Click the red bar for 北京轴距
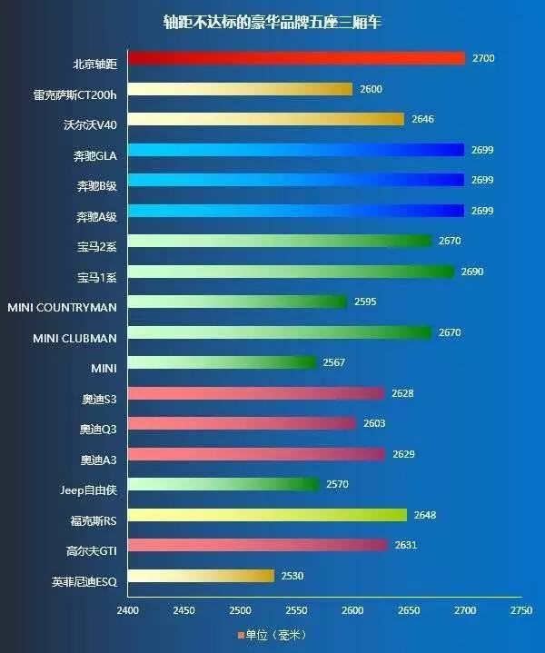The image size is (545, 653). coord(296,58)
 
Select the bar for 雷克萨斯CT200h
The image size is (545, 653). coord(240,89)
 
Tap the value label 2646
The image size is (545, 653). coord(422,119)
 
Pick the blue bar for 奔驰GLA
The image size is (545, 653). coord(296,150)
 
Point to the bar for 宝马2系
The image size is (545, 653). coord(280,241)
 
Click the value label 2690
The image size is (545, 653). coord(472,272)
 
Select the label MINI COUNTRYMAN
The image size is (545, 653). coord(62,308)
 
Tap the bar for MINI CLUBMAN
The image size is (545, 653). coord(280,332)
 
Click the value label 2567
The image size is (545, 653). coord(333,362)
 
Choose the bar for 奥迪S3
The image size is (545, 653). coord(256,393)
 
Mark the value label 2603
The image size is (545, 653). coord(374,423)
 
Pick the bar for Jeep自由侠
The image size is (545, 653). coord(223,484)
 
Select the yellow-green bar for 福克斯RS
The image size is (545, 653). coord(267,515)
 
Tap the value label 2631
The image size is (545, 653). coord(405,545)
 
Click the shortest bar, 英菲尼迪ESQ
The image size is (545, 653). coord(201,576)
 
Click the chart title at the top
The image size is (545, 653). coord(272,21)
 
